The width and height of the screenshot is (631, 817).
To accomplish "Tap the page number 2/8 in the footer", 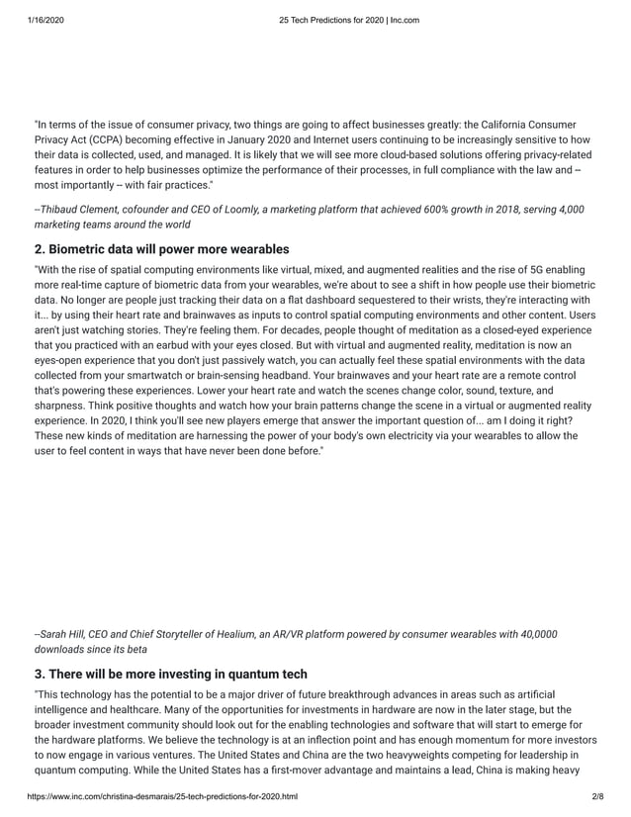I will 595,795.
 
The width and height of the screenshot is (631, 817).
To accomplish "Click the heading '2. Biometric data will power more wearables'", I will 161,248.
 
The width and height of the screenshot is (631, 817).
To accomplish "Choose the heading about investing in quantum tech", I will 170,674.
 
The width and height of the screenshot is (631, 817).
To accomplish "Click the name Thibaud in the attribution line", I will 63,210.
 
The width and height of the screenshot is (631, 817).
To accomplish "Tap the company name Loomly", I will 241,210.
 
